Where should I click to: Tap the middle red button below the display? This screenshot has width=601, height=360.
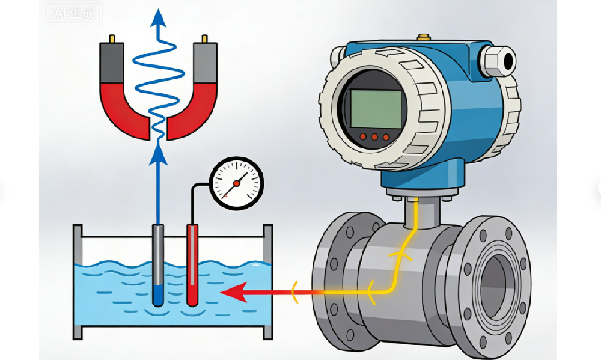point(374,137)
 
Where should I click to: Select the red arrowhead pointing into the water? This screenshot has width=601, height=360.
point(231,293)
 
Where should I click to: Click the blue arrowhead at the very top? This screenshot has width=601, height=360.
point(158,19)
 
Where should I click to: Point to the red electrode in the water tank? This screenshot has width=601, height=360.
point(192,264)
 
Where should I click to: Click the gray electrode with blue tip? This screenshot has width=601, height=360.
point(158,264)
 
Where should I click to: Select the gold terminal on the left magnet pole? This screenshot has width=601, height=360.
point(111,40)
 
